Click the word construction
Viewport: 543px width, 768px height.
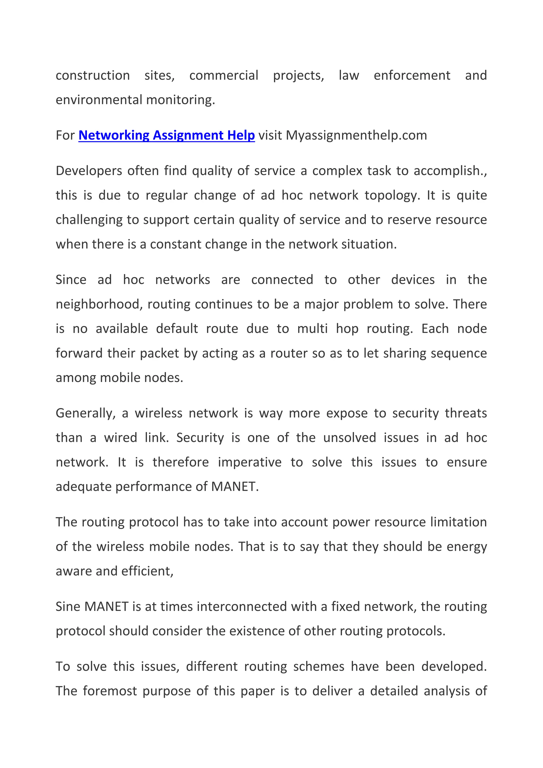[93, 76]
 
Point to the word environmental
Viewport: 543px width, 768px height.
[99, 100]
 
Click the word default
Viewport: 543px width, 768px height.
[177, 329]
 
